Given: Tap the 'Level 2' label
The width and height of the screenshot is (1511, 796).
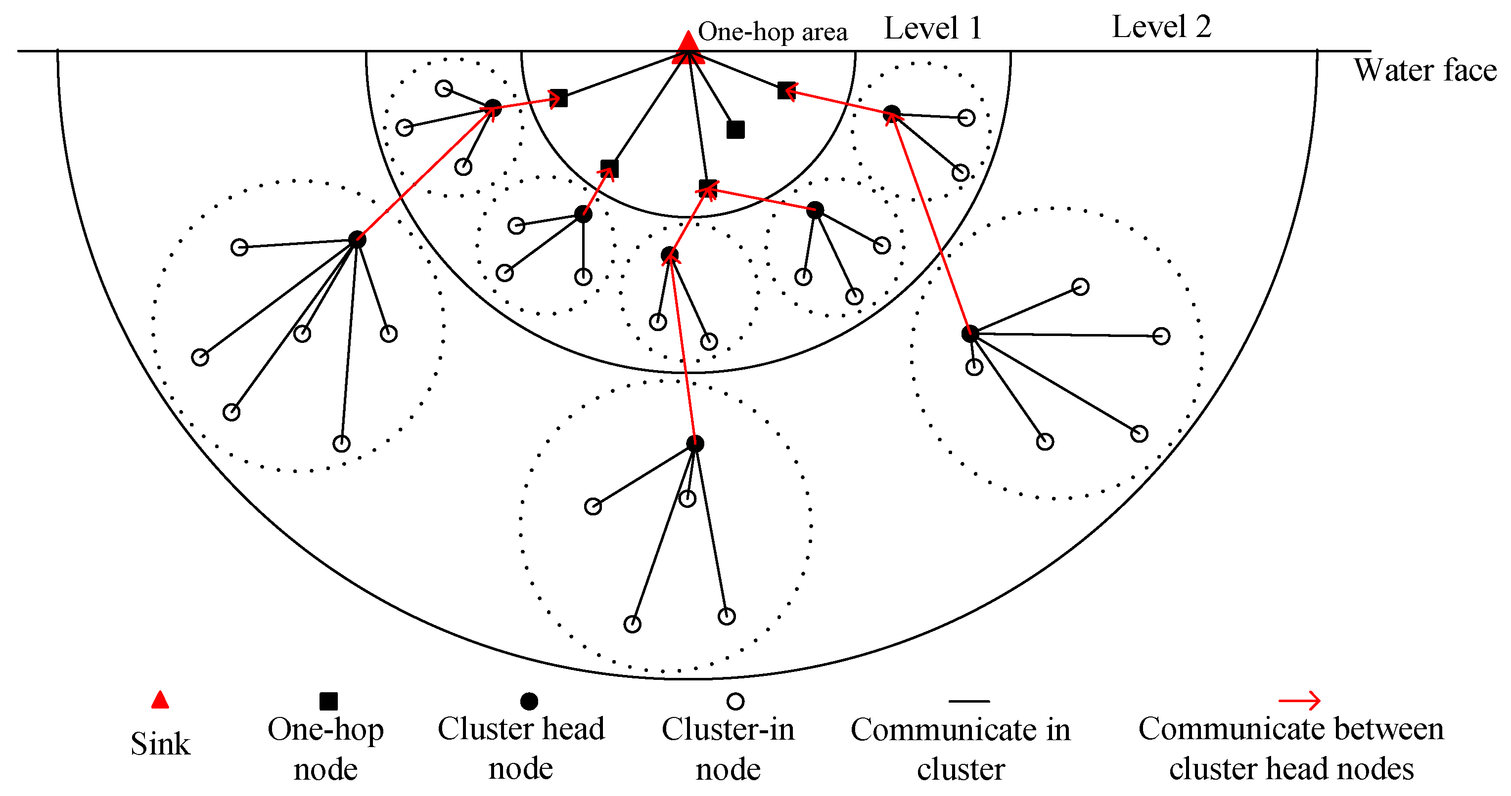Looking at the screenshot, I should pyautogui.click(x=1161, y=27).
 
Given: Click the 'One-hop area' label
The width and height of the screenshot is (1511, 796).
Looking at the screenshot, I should pyautogui.click(x=772, y=32).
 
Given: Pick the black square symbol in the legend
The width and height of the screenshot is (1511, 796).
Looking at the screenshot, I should pyautogui.click(x=328, y=701).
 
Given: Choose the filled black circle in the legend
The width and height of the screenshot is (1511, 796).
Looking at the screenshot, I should pyautogui.click(x=529, y=701).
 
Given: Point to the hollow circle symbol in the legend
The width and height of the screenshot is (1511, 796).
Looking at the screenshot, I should pyautogui.click(x=735, y=701).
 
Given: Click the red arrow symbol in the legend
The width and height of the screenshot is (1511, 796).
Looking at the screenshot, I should pyautogui.click(x=1299, y=701).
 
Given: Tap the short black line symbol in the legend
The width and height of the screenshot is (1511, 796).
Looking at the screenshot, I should pyautogui.click(x=968, y=701).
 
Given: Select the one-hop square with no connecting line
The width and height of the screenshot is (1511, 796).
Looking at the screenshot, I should pyautogui.click(x=735, y=129).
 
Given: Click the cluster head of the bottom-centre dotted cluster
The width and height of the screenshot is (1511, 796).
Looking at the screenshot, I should pyautogui.click(x=694, y=444).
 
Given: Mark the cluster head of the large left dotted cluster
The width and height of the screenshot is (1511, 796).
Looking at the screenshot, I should pyautogui.click(x=357, y=239).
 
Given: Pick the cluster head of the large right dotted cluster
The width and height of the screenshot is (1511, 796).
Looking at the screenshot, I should pyautogui.click(x=970, y=334).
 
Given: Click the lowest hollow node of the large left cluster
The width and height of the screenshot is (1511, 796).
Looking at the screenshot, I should pyautogui.click(x=341, y=444).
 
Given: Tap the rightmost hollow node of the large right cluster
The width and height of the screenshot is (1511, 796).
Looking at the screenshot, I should pyautogui.click(x=1161, y=336).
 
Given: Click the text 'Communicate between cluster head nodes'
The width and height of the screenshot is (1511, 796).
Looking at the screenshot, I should pyautogui.click(x=1290, y=749).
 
